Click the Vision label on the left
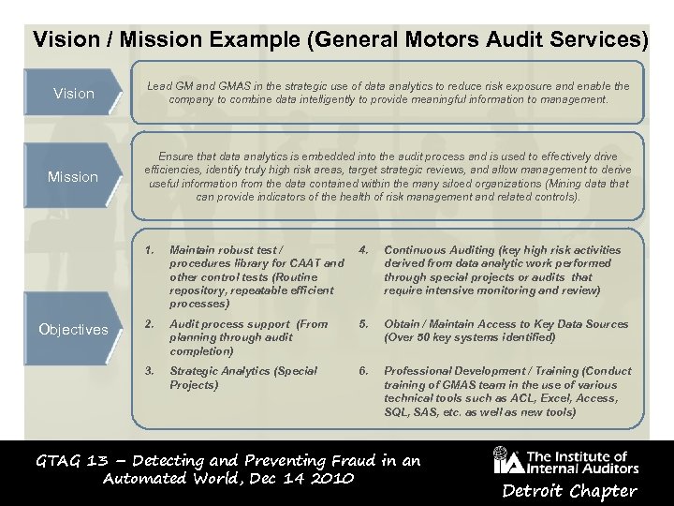coord(74,94)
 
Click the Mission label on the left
coord(73,176)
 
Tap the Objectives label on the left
coord(73,330)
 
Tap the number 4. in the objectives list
coord(365,250)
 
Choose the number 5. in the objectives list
coord(365,324)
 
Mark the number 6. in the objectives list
coord(365,371)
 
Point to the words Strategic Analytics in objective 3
coord(214,371)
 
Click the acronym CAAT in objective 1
coord(290,263)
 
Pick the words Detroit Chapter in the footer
coord(583,491)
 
